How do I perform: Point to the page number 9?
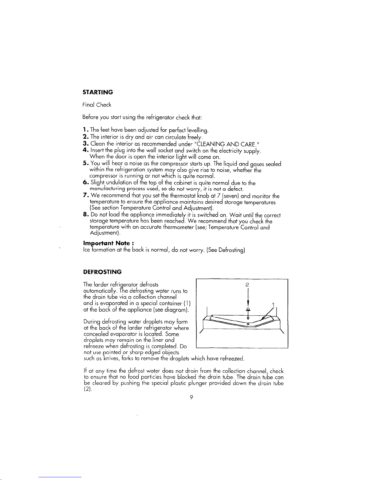point(191,397)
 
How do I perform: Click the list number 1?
point(84,130)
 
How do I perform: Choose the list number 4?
point(85,150)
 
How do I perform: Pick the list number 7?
point(85,196)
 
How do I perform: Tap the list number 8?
point(85,215)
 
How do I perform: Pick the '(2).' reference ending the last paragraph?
point(86,389)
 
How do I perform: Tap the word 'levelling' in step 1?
point(197,131)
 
